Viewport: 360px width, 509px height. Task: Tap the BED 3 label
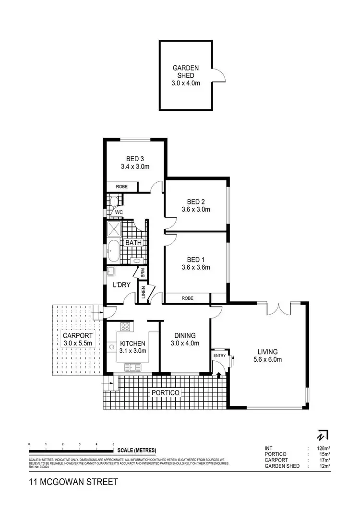click(135, 159)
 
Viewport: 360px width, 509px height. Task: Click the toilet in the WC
click(114, 201)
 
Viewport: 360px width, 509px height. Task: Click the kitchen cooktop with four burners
click(125, 328)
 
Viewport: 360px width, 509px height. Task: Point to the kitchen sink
click(132, 367)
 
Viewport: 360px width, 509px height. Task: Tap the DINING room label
click(185, 336)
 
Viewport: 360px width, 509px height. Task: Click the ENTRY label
click(219, 355)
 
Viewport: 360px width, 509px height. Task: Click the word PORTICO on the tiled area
click(166, 393)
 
